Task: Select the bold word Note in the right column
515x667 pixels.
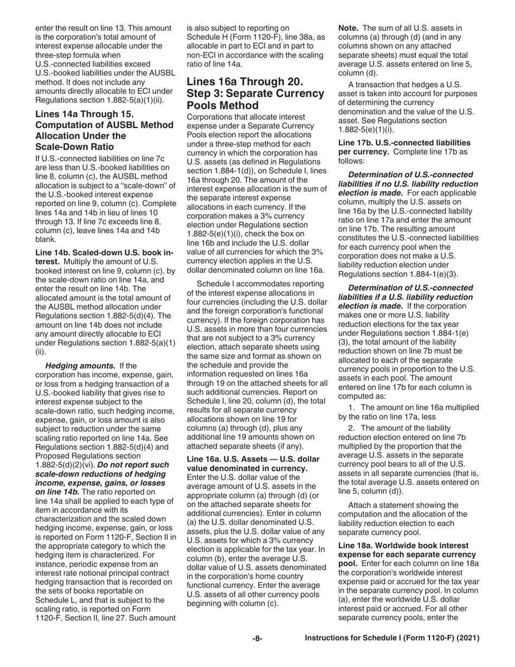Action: pos(349,27)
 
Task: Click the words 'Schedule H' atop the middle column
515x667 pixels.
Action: pos(208,37)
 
